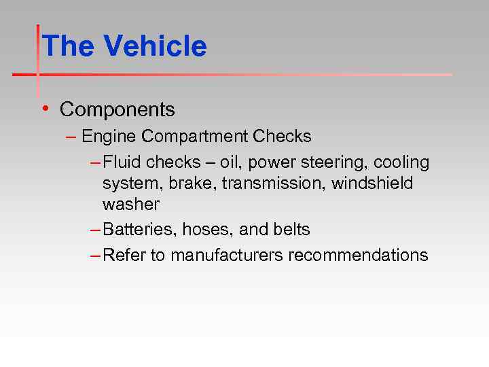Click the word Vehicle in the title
pyautogui.click(x=155, y=46)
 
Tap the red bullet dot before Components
pyautogui.click(x=44, y=109)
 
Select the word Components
pyautogui.click(x=117, y=109)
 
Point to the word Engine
pyautogui.click(x=109, y=137)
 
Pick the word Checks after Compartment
pyautogui.click(x=282, y=137)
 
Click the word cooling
pyautogui.click(x=401, y=162)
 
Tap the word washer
pyautogui.click(x=131, y=205)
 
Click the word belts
pyautogui.click(x=292, y=230)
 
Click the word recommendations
pyautogui.click(x=358, y=256)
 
